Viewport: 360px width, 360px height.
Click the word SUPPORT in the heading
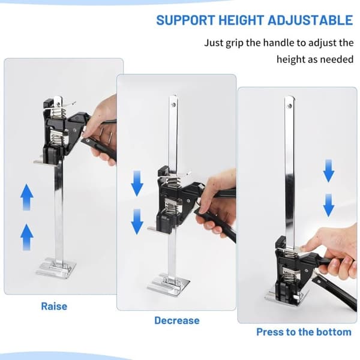pos(186,20)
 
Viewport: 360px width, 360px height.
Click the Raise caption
pos(54,306)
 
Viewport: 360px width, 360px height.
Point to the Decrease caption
pos(177,320)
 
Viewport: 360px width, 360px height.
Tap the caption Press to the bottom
pos(304,332)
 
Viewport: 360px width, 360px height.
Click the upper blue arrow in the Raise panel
pos(27,197)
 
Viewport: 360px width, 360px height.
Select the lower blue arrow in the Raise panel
pos(27,237)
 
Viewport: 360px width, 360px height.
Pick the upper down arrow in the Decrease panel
pos(137,183)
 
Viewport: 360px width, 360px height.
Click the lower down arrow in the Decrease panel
pos(137,221)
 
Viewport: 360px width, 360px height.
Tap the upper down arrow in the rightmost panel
pos(329,171)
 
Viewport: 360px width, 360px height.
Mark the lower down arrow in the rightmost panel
pos(329,205)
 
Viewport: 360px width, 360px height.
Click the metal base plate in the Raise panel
pos(56,268)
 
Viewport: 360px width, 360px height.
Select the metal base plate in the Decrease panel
pos(168,284)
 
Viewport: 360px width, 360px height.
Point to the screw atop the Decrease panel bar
pos(173,104)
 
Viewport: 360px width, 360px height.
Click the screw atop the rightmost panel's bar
pos(290,106)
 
